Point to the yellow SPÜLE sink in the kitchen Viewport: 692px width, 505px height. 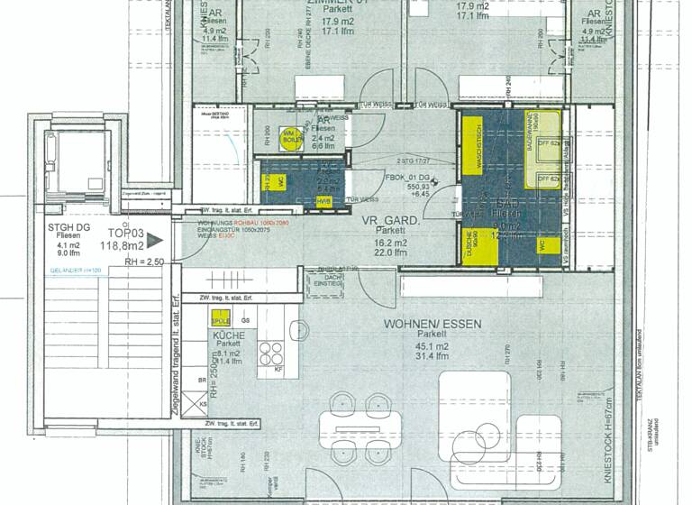220,319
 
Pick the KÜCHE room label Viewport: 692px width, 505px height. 228,334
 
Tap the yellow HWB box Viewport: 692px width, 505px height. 323,201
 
